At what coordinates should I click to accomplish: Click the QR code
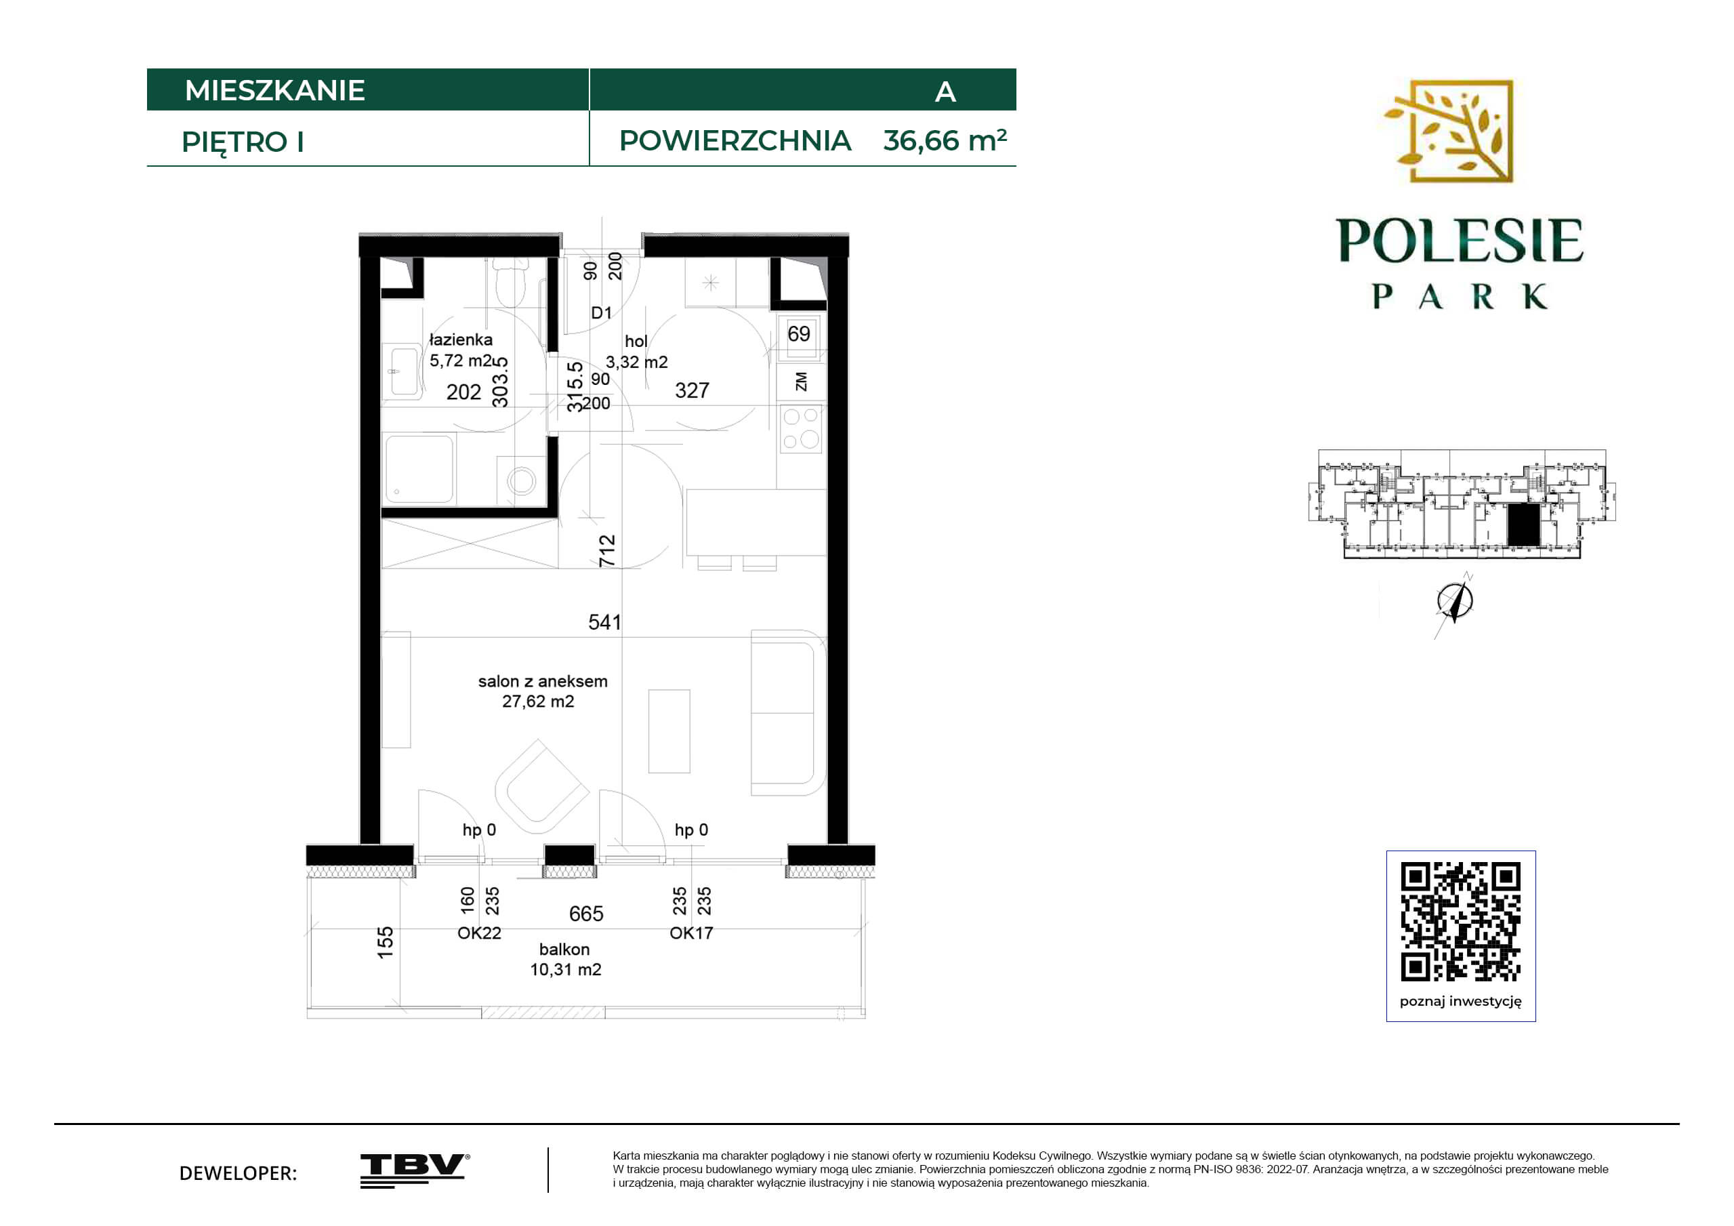tap(1461, 922)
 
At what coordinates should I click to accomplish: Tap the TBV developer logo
tap(415, 1171)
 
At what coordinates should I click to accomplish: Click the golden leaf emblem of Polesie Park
tap(1449, 131)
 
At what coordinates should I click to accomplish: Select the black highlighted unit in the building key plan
tap(1523, 525)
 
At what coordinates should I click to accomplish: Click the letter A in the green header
tap(945, 92)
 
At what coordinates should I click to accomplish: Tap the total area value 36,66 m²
tap(945, 140)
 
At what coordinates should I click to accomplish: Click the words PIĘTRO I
tap(243, 142)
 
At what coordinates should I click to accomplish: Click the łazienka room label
tap(461, 340)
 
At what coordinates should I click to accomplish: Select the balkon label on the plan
tap(564, 949)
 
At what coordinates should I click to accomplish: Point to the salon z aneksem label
tap(542, 681)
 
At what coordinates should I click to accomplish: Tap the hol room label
tap(636, 342)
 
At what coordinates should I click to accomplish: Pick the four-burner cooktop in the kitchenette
tap(800, 428)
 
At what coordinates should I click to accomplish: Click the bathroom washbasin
tap(403, 371)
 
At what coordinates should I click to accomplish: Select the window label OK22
tap(479, 933)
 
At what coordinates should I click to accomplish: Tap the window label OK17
tap(691, 933)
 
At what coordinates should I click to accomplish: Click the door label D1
tap(601, 312)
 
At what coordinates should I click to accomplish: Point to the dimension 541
tap(604, 622)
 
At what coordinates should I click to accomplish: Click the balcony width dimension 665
tap(586, 914)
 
